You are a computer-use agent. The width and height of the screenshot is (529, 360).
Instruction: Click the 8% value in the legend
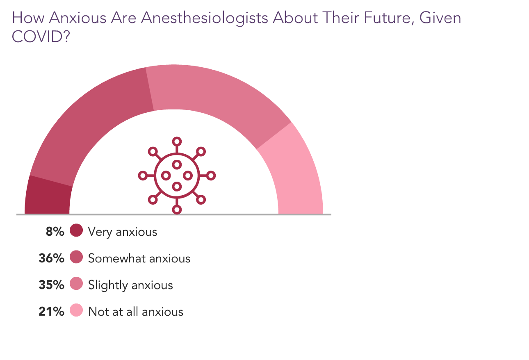(55, 232)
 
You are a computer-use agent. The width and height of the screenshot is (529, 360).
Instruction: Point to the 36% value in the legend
(51, 258)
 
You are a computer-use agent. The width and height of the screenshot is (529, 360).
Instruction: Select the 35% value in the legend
(51, 285)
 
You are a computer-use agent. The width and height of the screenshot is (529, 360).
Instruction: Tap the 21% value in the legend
(51, 312)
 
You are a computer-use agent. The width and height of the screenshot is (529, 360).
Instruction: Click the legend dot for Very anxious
(76, 230)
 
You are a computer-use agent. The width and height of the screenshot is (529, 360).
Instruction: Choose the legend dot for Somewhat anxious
(76, 257)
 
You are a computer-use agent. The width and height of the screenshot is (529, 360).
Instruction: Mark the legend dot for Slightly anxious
(76, 284)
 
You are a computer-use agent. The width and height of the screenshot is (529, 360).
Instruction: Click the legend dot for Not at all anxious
(76, 310)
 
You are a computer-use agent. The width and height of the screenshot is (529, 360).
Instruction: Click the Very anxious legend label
(123, 232)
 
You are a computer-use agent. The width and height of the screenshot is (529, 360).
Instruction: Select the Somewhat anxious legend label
(139, 259)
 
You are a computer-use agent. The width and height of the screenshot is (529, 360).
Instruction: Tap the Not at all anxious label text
(136, 312)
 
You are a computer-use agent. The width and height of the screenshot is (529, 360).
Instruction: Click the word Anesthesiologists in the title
(205, 18)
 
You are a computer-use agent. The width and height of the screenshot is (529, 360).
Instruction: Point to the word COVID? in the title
(40, 37)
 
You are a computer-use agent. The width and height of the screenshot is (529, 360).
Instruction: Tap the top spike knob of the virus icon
(177, 141)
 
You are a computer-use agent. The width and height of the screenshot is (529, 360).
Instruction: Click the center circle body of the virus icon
(177, 175)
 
